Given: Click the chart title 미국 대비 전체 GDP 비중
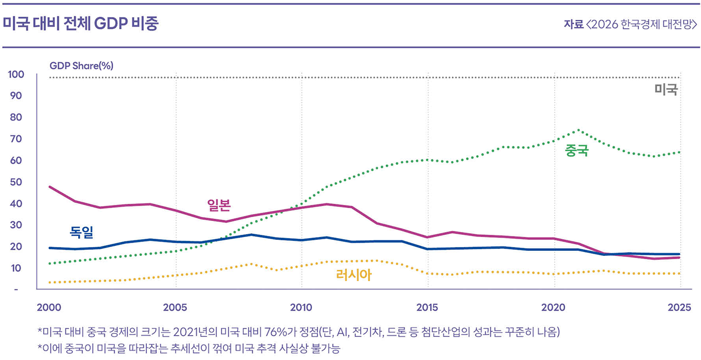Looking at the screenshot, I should [x=80, y=24].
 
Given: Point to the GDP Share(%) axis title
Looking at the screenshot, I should [x=81, y=65].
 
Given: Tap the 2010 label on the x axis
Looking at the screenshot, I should [x=301, y=307].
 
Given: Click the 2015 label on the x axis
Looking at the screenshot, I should [x=428, y=307].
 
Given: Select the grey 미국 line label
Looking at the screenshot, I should [x=666, y=90].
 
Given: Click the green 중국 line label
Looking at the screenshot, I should [x=576, y=150].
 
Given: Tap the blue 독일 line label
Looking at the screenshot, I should [x=81, y=232].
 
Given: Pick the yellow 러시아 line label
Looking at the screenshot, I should [x=354, y=274].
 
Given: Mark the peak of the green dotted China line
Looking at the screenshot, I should [x=578, y=130].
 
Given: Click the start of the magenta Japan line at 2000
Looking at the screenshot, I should [x=50, y=187].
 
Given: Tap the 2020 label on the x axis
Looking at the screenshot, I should [x=554, y=307].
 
